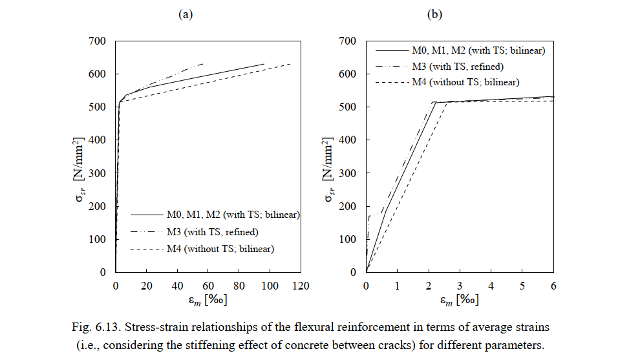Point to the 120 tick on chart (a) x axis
(301, 285)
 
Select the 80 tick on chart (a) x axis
(240, 285)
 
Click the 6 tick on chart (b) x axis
(553, 285)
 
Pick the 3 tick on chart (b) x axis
(460, 285)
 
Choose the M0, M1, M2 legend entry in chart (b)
(479, 50)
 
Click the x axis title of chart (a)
(208, 301)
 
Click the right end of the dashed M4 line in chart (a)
(290, 64)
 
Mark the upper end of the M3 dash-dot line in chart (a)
(203, 64)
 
